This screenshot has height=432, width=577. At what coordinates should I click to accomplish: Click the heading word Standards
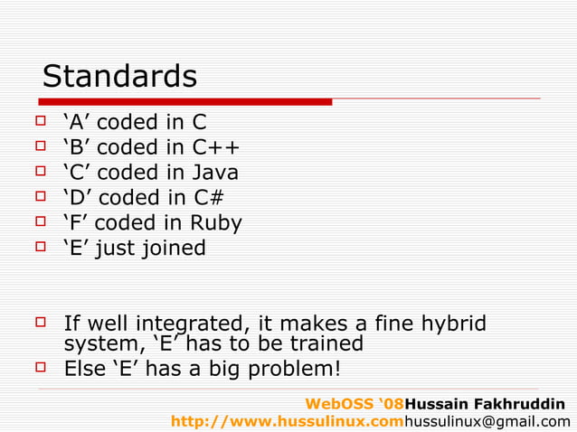coord(119,77)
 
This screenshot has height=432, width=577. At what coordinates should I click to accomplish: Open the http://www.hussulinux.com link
coord(287,421)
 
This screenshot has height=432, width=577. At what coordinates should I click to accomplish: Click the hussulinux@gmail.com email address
coord(487,421)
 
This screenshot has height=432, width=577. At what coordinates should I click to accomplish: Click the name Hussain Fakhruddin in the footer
coord(486,403)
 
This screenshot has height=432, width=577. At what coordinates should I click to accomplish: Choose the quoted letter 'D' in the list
coord(78,197)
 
